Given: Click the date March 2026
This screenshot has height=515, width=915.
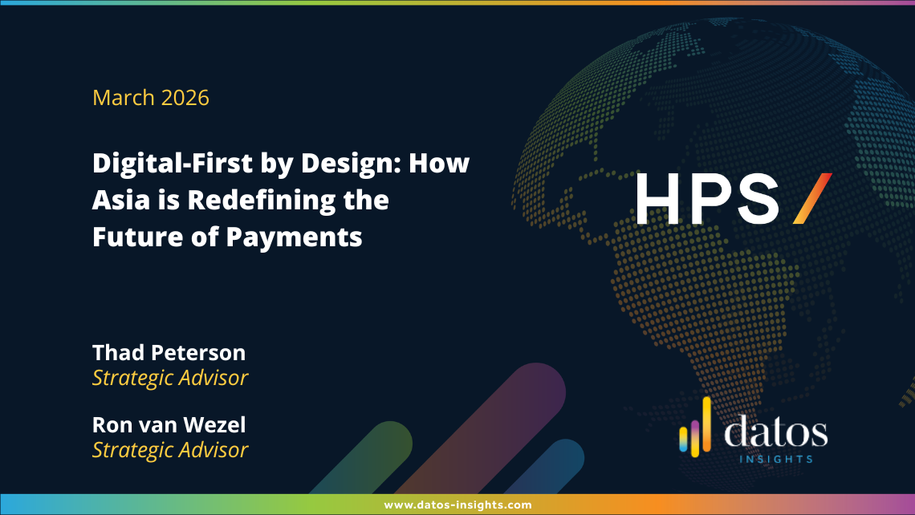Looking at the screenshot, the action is tap(151, 97).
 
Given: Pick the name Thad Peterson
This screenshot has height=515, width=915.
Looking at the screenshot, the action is tap(169, 352).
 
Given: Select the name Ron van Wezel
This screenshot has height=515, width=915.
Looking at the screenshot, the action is tap(169, 424).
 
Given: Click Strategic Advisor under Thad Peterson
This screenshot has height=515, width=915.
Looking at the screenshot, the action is tap(170, 378).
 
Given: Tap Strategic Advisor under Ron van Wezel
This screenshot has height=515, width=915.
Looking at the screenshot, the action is tap(170, 450).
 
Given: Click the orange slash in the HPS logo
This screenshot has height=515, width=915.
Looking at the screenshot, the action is tap(812, 198).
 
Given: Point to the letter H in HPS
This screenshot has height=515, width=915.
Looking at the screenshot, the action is tap(657, 198).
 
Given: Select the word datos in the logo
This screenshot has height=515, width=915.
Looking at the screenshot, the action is tap(775, 432).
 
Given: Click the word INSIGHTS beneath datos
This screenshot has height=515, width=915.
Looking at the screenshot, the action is tap(776, 459).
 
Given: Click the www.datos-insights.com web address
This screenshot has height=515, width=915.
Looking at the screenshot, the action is tap(458, 505).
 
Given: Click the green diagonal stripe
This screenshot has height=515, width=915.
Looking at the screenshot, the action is tap(361, 458).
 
